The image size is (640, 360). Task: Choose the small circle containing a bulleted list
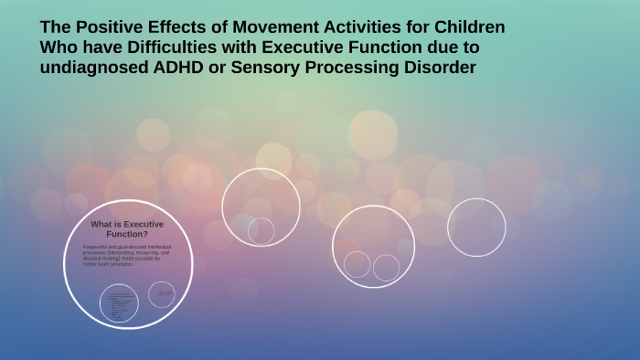point(119,303)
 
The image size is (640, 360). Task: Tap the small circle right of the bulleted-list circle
point(162,294)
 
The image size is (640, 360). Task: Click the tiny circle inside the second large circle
point(261,231)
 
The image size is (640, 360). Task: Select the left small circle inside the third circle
point(357,264)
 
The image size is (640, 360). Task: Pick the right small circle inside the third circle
point(386,268)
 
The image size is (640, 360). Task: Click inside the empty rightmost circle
point(476,227)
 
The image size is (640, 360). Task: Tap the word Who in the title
point(58,47)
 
